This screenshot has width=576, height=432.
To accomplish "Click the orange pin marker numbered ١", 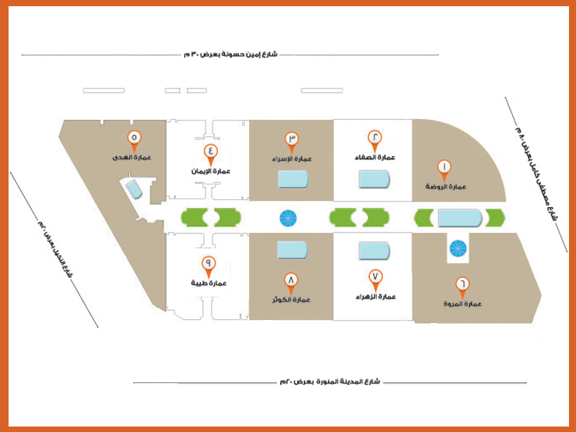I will click(x=444, y=167).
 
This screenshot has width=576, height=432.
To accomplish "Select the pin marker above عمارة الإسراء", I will click(x=293, y=140).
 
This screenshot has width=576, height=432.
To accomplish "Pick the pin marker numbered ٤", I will click(x=210, y=152).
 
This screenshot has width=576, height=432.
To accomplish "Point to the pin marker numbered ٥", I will click(x=134, y=139).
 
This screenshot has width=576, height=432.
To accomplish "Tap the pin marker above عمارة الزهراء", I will click(x=375, y=277).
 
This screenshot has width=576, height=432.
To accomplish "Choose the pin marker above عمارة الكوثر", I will click(x=292, y=279).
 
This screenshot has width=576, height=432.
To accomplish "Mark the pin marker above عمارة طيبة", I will click(x=209, y=265).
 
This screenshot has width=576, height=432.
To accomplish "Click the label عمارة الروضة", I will click(x=445, y=187).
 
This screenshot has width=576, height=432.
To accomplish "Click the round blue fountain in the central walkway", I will click(x=287, y=218).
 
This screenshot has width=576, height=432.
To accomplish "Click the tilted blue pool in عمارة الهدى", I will click(x=133, y=188).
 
